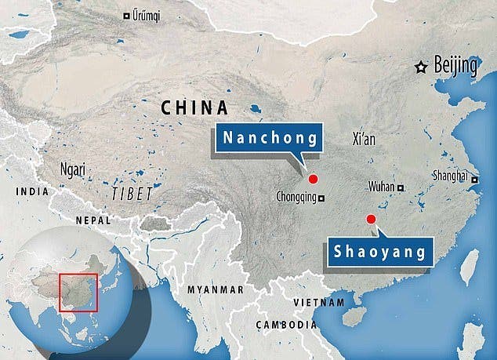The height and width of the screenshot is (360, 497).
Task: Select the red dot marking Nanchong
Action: click(313, 178)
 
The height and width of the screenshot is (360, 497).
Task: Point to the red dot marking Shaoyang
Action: click(371, 219)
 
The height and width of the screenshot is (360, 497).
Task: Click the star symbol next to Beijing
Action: click(422, 67)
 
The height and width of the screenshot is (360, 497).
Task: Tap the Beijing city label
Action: click(455, 67)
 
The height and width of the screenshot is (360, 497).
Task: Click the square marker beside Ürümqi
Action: click(128, 16)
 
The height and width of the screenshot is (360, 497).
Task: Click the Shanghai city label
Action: click(450, 176)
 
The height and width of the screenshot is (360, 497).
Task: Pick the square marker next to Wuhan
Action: click(401, 187)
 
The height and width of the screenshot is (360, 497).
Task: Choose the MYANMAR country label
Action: click(215, 289)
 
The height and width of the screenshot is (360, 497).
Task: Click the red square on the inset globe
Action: click(78, 292)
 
